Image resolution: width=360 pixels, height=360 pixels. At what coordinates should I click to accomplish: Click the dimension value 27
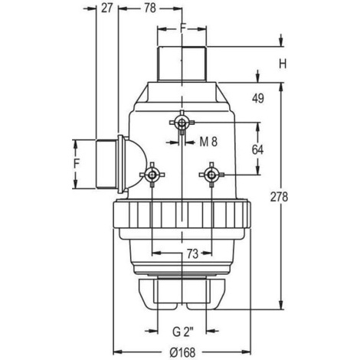[x=106, y=8]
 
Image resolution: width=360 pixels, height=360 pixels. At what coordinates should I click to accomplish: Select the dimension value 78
[x=150, y=8]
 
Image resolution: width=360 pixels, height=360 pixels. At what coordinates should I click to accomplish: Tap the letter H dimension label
[x=283, y=64]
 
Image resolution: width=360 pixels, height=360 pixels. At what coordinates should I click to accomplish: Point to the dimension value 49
[x=258, y=98]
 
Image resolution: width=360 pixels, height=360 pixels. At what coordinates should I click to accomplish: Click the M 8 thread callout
[x=208, y=142]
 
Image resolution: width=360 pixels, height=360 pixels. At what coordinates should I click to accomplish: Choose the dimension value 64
[x=257, y=149]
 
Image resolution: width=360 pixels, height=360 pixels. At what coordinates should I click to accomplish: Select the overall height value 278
[x=279, y=197]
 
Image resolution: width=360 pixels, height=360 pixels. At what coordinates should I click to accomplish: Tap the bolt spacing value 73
[x=192, y=254]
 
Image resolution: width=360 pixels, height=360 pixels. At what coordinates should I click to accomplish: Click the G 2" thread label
[x=183, y=332]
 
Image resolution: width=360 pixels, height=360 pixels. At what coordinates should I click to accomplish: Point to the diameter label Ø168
[x=182, y=352]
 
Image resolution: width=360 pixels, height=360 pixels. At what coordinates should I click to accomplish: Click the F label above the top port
[x=182, y=28]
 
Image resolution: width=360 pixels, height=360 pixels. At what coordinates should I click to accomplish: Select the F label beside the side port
[x=77, y=163]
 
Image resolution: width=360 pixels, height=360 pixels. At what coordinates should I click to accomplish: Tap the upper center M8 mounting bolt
[x=182, y=123]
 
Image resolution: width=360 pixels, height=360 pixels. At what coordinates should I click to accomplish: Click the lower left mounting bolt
[x=152, y=175]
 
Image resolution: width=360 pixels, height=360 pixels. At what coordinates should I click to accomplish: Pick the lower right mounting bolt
[x=211, y=175]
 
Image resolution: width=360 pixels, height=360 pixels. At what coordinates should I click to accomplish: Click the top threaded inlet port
[x=182, y=64]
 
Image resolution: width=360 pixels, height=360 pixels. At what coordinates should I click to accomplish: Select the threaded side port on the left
[x=106, y=164]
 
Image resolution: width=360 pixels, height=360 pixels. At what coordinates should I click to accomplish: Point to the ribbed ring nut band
[x=182, y=214]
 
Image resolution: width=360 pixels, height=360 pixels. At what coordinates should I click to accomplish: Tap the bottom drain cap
[x=182, y=294]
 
